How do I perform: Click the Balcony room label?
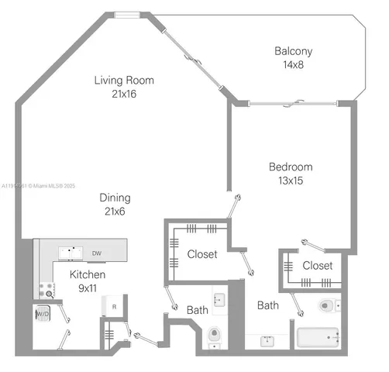293,52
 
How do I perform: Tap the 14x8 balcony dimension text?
293,65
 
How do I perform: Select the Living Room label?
124,80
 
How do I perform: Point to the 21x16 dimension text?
124,94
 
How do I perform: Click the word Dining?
114,198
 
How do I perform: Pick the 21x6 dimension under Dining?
114,212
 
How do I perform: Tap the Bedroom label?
291,167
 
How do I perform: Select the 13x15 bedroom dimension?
291,181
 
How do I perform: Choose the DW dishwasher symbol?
97,253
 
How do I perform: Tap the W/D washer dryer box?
41,315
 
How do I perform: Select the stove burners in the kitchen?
46,290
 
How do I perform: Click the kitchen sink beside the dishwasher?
72,252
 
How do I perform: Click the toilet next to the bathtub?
326,305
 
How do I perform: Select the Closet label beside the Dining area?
202,254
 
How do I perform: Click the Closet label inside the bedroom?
317,265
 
